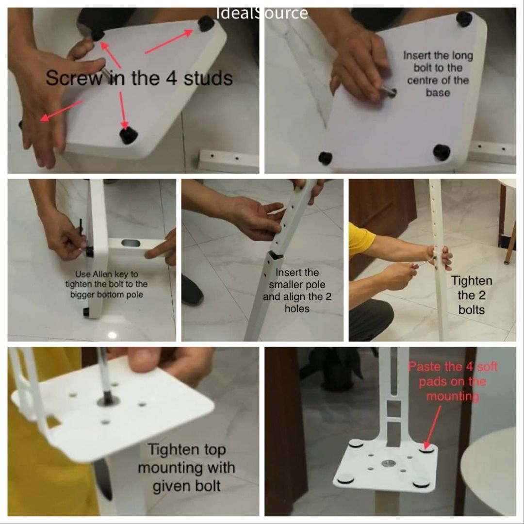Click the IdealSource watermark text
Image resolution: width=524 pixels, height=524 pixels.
pos(262,13)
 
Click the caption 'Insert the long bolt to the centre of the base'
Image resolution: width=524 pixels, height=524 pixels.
pos(438,74)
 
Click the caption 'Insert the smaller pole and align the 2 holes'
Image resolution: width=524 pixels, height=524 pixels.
pos(297,291)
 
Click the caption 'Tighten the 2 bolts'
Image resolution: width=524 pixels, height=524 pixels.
pos(472,295)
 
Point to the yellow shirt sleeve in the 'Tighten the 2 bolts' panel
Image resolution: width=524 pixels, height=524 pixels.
pos(361,240)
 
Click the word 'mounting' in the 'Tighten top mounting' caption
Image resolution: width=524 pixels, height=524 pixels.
pos(186,468)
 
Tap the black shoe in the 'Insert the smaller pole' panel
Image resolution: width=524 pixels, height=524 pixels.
pos(192,290)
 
